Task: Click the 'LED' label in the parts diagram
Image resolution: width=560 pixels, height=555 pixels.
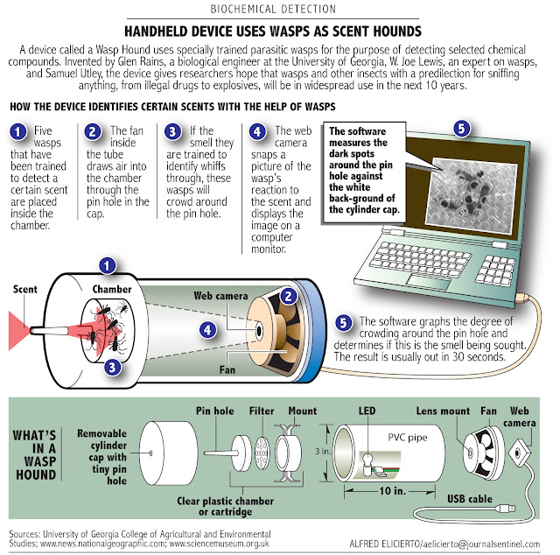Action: point(367,410)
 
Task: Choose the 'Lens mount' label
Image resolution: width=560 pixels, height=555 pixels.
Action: point(441,410)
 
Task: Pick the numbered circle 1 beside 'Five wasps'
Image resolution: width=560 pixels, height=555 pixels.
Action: point(18,133)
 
